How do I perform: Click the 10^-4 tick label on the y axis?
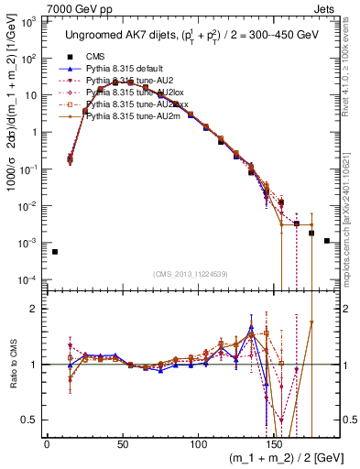coord(27,279)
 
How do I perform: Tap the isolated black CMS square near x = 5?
coord(54,252)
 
